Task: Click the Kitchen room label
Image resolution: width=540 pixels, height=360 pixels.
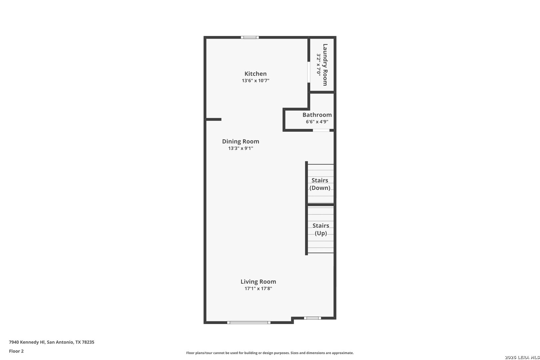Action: [x=256, y=74]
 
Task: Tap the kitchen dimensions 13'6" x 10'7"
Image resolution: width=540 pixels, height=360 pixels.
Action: [x=256, y=81]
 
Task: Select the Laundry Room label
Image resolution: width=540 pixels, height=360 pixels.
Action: [x=325, y=65]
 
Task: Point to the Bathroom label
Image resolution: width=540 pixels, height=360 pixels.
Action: [x=317, y=115]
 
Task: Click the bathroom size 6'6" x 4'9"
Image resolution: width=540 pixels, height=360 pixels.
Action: [x=317, y=122]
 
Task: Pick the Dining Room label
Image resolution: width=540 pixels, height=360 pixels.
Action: [x=241, y=142]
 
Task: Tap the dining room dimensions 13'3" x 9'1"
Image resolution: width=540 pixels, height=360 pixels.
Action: [x=241, y=148]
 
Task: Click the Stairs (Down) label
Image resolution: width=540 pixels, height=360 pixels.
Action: [x=320, y=184]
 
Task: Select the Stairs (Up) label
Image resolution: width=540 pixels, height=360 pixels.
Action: [x=321, y=229]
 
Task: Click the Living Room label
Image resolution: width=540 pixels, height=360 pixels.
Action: [x=258, y=282]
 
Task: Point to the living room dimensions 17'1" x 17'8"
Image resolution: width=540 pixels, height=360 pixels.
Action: [x=258, y=288]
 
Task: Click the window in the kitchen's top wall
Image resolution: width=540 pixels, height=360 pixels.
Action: [x=250, y=37]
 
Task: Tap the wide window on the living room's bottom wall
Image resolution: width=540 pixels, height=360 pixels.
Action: [x=249, y=323]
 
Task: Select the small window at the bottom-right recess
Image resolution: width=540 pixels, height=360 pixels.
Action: [x=312, y=318]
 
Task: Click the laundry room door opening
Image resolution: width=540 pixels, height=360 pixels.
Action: [x=309, y=72]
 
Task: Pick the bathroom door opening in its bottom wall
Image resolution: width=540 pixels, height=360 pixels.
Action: [x=321, y=130]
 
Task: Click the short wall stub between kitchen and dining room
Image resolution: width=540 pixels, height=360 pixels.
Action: [x=213, y=119]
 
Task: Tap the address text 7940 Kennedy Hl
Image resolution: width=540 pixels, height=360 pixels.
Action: [x=27, y=342]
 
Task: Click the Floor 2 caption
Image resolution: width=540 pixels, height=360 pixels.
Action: [x=16, y=351]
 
